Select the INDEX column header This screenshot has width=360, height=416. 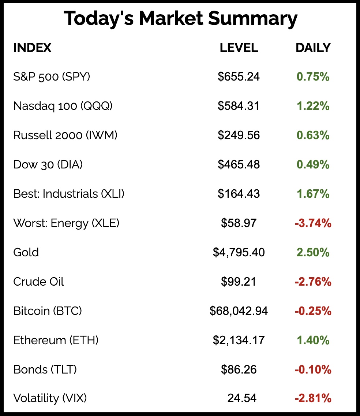point(32,48)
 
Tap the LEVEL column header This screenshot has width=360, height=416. point(239,48)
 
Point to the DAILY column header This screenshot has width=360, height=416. point(313,48)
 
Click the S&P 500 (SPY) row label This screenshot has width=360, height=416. point(52,77)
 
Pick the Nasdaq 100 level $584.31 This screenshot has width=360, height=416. point(239,106)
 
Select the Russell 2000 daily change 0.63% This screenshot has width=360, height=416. point(313,135)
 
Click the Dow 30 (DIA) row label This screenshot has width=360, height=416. point(48,164)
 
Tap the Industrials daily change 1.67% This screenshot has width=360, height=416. point(313,194)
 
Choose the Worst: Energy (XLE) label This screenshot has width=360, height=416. point(66,223)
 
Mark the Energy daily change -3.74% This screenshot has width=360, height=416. point(313,223)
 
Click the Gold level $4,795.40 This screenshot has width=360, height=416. point(239,252)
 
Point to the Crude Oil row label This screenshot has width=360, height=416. point(38,282)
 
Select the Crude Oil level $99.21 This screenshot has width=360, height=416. point(239,282)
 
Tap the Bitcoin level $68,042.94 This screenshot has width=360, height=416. point(239,311)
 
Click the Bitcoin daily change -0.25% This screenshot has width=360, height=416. point(313,311)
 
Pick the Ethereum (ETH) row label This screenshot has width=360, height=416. point(56,340)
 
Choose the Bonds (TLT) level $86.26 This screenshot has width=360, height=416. point(239,369)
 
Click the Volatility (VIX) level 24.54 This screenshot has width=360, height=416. point(241,398)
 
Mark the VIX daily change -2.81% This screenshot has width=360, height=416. point(313,398)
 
